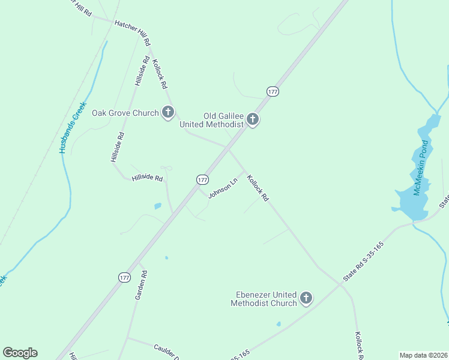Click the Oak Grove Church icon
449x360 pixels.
(168, 112)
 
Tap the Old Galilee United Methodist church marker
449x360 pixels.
(253, 120)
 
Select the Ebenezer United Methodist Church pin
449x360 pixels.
(306, 298)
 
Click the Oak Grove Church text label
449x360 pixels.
(125, 112)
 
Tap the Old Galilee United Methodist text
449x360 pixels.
(212, 120)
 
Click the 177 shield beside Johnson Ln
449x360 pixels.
(202, 179)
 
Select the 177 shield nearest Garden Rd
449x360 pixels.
(124, 277)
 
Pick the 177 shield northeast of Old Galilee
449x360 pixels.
(273, 91)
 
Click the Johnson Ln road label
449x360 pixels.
(223, 188)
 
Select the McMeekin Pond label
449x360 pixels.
(420, 167)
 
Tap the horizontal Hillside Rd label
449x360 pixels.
(147, 178)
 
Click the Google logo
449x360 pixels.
(20, 353)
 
